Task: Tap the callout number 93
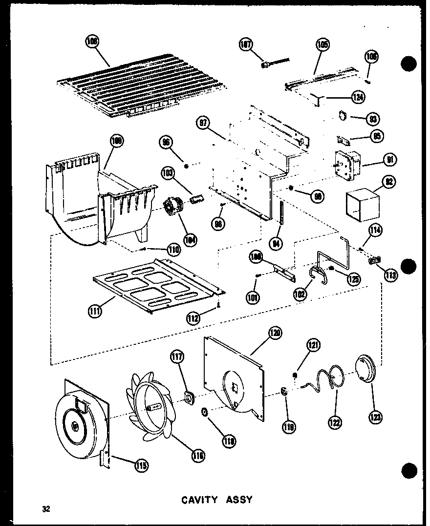(x=374, y=118)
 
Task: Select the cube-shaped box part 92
(x=363, y=205)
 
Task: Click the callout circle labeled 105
(x=322, y=45)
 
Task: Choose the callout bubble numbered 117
(x=177, y=358)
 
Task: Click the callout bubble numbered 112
(x=193, y=318)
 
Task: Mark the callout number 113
(x=391, y=275)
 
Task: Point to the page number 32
(x=46, y=509)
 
